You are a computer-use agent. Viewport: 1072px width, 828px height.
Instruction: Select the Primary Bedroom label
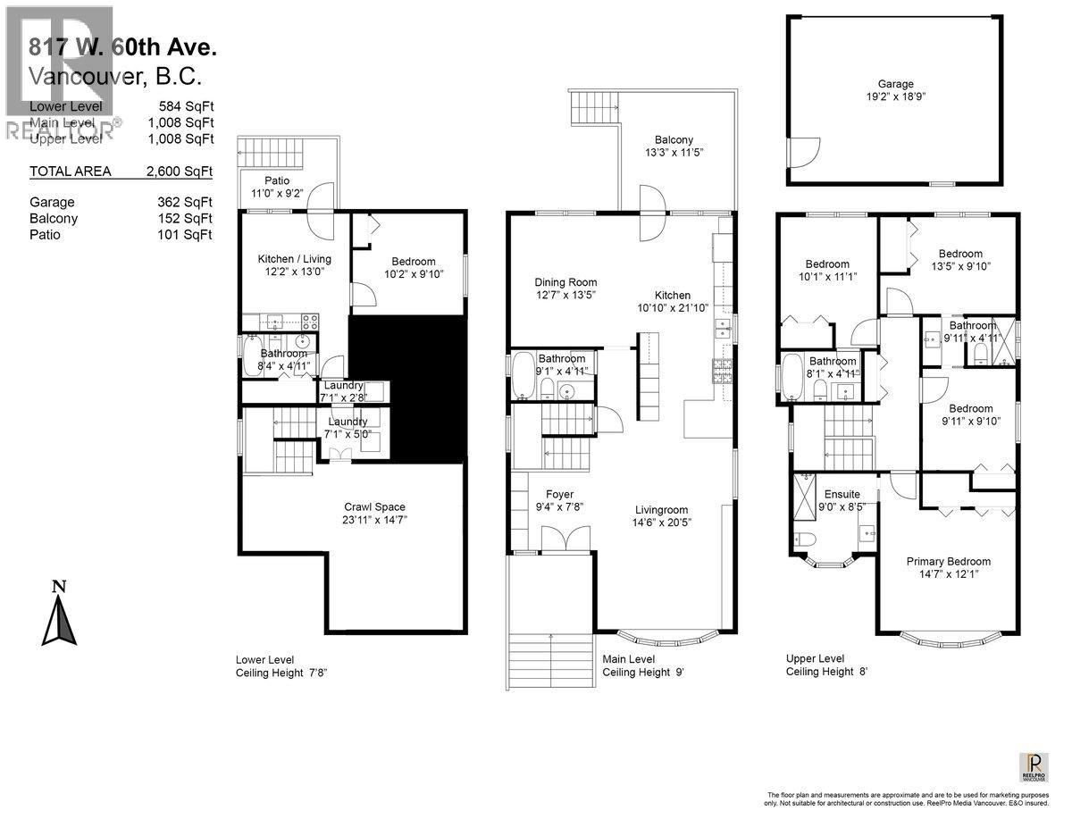tap(948, 561)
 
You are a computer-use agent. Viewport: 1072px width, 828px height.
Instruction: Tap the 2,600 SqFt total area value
tap(185, 171)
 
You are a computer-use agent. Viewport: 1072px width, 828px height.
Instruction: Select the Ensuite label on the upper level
tap(842, 494)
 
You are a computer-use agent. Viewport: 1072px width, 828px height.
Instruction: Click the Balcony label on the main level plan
tap(674, 140)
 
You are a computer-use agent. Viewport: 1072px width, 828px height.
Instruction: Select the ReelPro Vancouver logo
tap(1034, 766)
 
